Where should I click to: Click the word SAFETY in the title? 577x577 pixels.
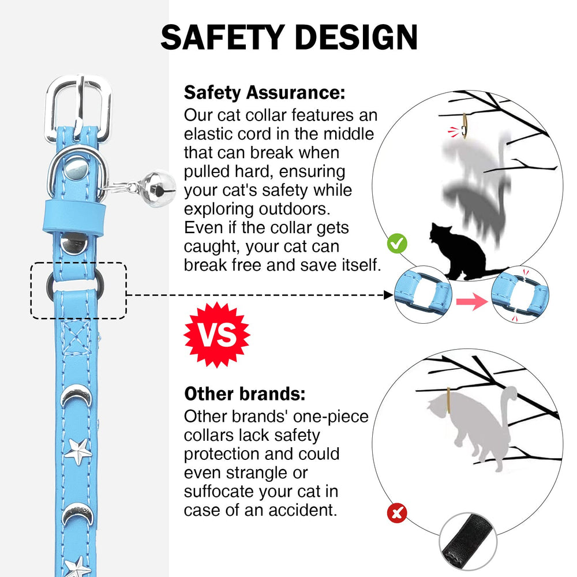click(x=222, y=37)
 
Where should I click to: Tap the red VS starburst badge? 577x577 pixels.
click(x=217, y=335)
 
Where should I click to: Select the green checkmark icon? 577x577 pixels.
click(x=397, y=243)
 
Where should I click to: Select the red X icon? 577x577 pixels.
click(x=397, y=513)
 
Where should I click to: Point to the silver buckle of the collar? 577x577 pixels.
click(x=78, y=108)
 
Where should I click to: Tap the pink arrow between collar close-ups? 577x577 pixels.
click(x=472, y=301)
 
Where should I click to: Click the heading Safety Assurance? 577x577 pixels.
click(x=265, y=92)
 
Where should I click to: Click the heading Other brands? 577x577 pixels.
click(x=245, y=394)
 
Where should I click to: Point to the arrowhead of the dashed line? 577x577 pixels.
click(x=388, y=295)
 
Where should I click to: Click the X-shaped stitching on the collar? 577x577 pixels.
click(x=76, y=337)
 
